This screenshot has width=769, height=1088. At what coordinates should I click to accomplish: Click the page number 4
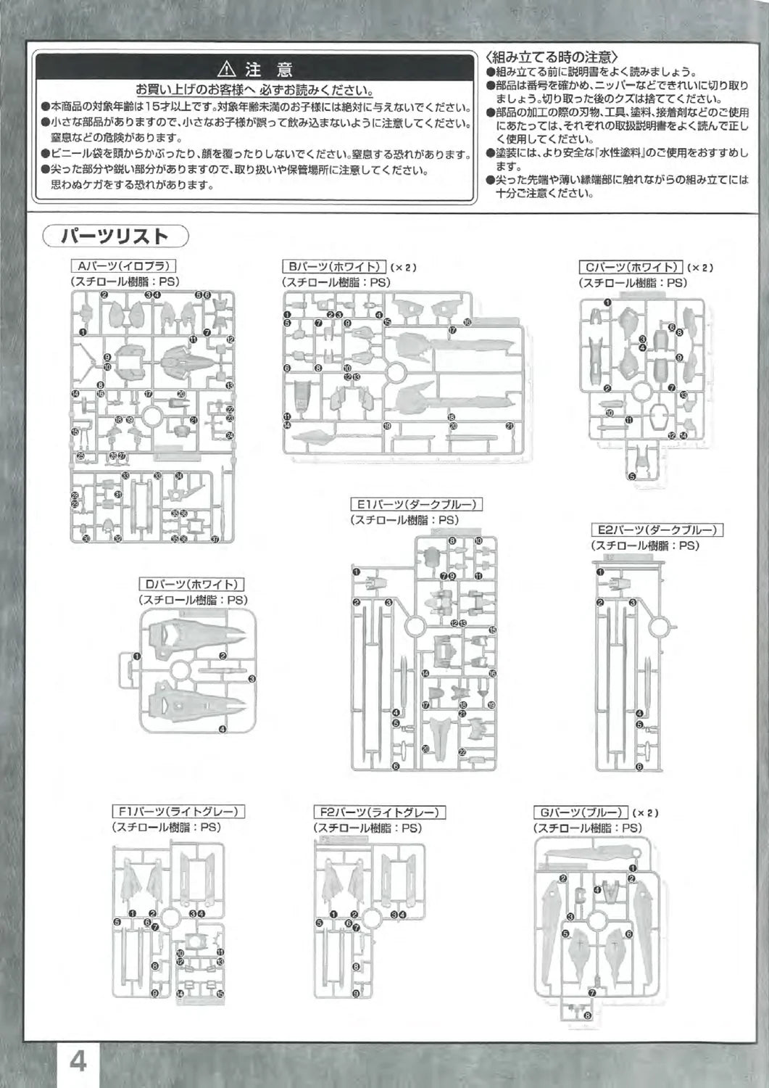point(78,1061)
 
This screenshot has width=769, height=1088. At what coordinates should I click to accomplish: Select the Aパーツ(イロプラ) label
point(124,267)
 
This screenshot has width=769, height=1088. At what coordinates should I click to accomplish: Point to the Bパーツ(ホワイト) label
point(334,267)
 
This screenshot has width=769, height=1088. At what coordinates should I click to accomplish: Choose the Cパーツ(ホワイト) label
point(631,268)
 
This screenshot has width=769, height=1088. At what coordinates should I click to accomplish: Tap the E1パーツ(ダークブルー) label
point(417,504)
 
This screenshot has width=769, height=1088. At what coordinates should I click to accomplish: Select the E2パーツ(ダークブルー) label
point(657,530)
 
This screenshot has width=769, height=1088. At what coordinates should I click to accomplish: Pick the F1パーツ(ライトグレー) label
point(178,812)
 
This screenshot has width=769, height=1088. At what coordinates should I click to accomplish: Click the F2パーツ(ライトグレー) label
point(379,812)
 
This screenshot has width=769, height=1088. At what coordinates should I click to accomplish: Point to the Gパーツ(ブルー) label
point(580,812)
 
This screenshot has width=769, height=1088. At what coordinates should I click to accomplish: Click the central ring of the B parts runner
point(396,374)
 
